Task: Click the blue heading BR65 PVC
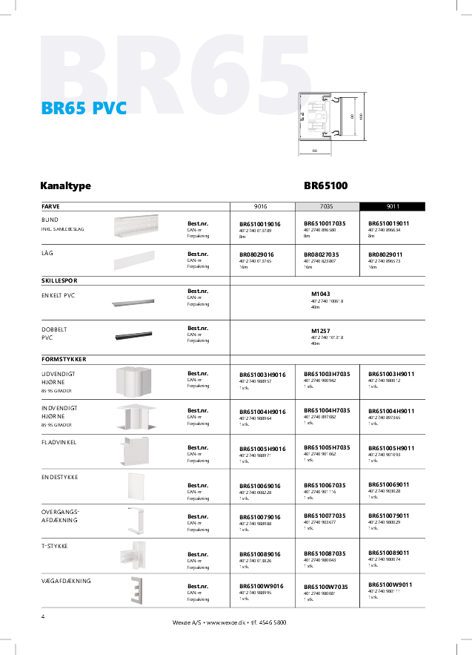pos(84,108)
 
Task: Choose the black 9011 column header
pos(392,207)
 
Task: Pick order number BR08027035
pos(321,254)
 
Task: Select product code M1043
pos(321,294)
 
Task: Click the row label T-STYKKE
pos(56,545)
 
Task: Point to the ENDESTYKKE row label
pos(60,477)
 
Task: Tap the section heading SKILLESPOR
pos(60,281)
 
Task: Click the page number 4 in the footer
pos(43,616)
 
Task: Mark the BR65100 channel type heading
pos(326,186)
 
